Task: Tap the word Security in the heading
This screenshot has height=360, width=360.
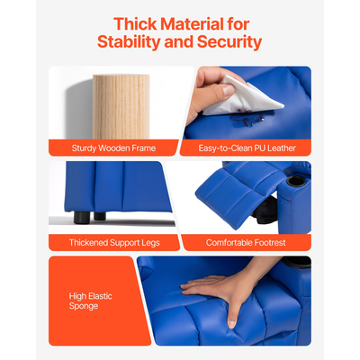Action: pos(229,41)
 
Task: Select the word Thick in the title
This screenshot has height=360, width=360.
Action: pos(135,23)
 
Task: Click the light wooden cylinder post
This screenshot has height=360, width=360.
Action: pos(121,107)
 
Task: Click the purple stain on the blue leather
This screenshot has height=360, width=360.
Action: pos(246,119)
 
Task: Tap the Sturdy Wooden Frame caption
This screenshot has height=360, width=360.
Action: pos(113,148)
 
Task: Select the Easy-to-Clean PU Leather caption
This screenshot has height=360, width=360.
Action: pos(247,148)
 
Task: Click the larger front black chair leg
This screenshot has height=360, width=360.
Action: pos(81,218)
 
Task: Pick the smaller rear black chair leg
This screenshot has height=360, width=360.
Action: pos(100,216)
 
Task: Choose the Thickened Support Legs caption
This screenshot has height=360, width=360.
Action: pos(114,242)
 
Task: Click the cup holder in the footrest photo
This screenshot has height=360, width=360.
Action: pos(296,181)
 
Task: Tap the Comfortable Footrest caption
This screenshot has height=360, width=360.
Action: pos(246,242)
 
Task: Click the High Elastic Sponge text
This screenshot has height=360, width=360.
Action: pos(91,301)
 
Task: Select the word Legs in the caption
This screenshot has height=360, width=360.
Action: pos(151,243)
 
